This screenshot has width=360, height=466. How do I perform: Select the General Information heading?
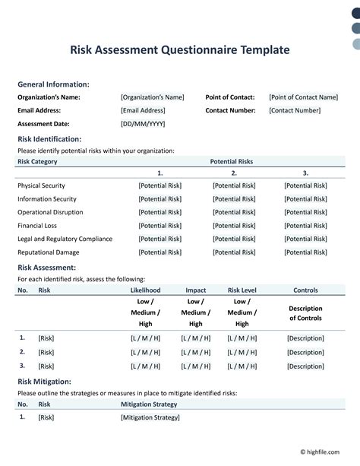53,84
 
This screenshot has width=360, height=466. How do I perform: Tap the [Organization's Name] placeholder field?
152,97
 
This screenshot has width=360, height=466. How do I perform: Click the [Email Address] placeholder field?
143,110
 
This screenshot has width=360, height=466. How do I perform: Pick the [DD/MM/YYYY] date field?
142,124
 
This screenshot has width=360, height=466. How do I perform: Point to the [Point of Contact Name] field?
303,97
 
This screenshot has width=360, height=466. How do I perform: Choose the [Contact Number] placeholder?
295,110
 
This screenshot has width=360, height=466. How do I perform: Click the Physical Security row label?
41,185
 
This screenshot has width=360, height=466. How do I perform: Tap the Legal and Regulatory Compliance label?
65,239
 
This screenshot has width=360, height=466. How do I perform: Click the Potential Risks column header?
231,162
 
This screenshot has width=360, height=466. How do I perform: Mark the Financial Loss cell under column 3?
305,226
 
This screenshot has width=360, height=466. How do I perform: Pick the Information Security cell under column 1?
159,199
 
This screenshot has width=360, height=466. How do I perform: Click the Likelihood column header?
146,290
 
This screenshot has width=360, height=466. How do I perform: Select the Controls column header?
305,290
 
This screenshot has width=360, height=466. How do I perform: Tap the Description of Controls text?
305,313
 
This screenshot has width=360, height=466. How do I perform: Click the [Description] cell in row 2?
305,353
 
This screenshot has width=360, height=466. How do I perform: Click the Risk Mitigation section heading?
44,381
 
